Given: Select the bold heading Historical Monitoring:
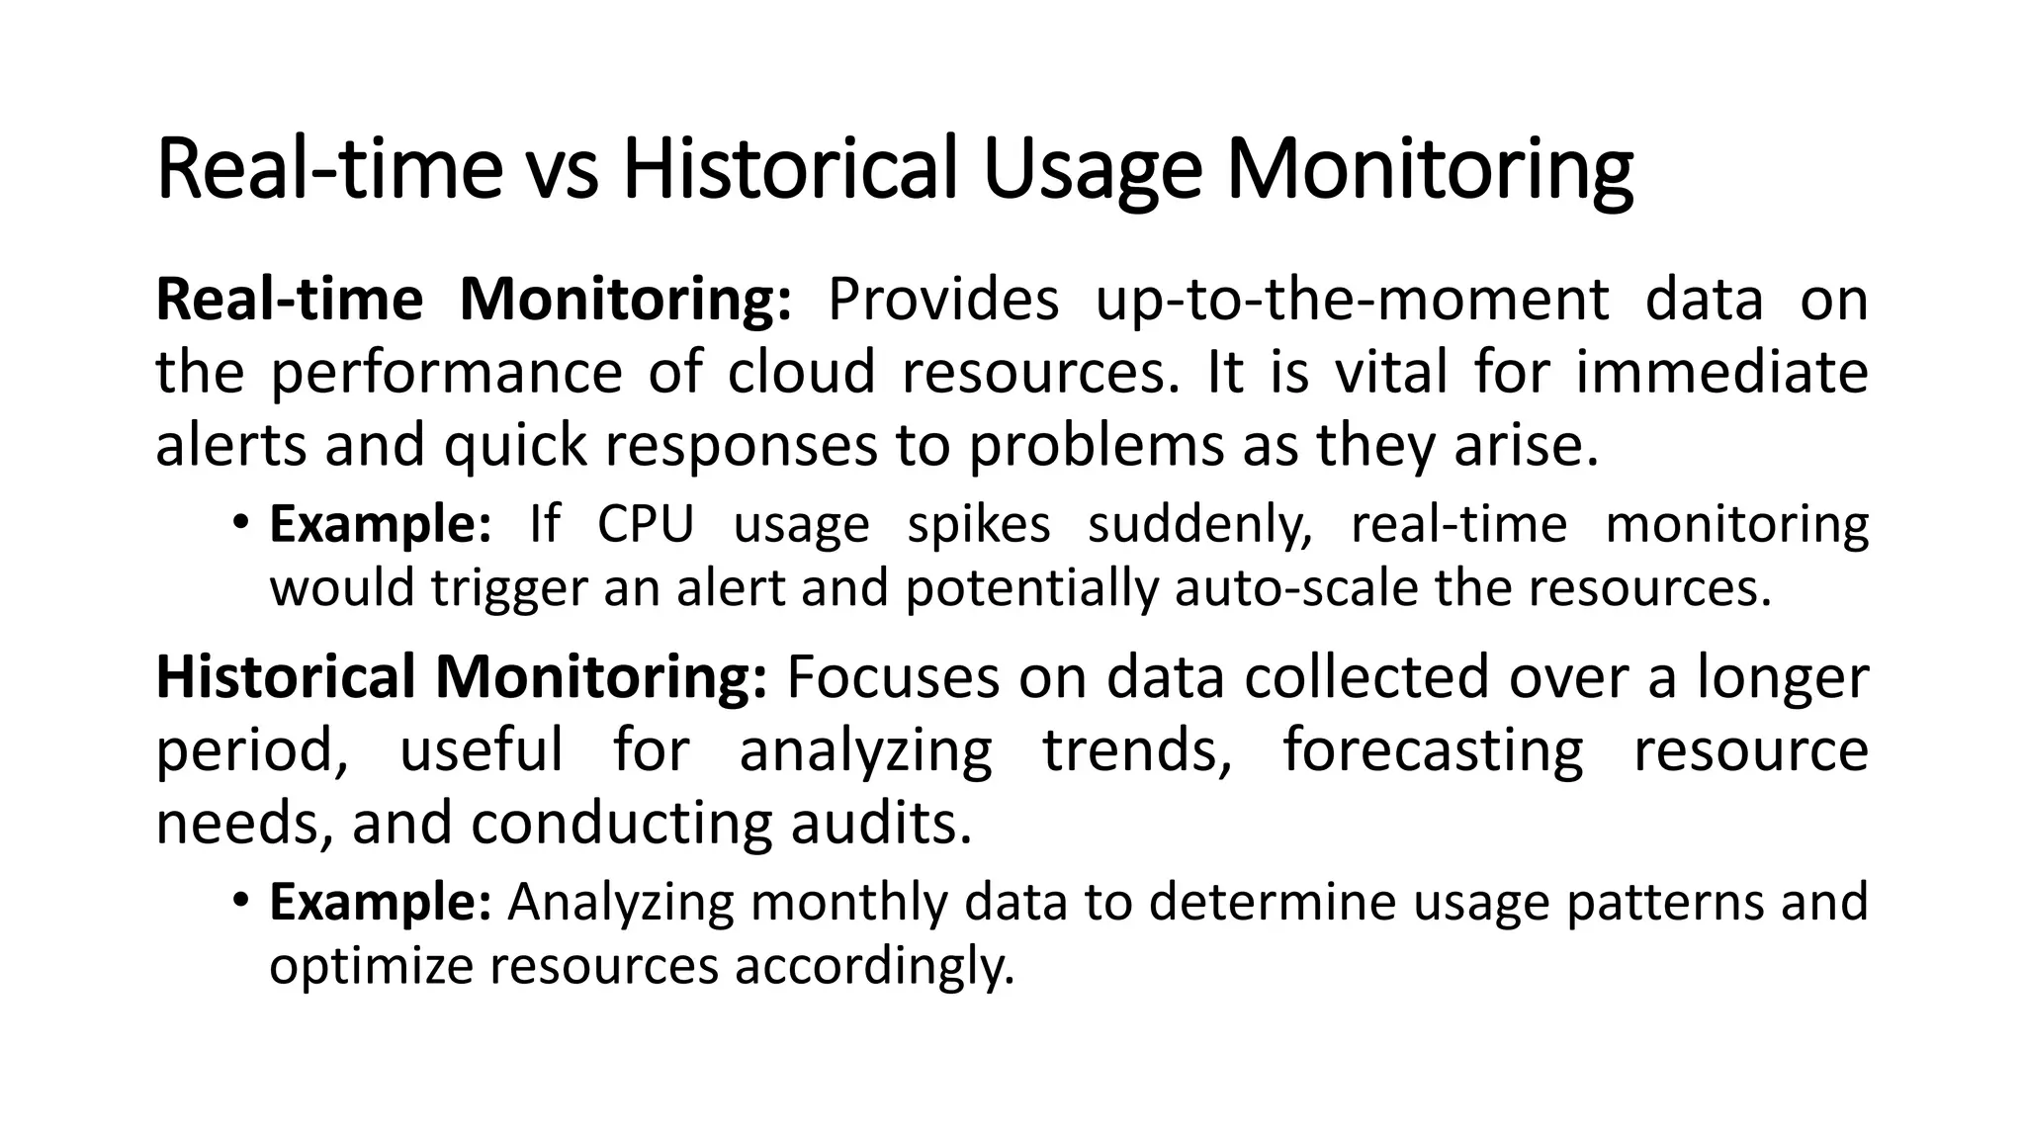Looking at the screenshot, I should click(x=461, y=678).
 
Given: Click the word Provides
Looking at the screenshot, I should click(x=942, y=299).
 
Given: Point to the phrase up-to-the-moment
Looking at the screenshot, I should click(x=1352, y=299).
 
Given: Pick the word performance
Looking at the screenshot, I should click(x=446, y=373).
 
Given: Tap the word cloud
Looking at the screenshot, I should click(x=802, y=373).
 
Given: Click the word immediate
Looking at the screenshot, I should click(x=1720, y=373).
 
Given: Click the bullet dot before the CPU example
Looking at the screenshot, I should click(x=239, y=522).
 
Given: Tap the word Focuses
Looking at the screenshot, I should click(x=893, y=678).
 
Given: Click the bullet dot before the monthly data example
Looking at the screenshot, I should click(x=239, y=901).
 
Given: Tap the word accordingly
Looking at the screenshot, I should click(x=874, y=965).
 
